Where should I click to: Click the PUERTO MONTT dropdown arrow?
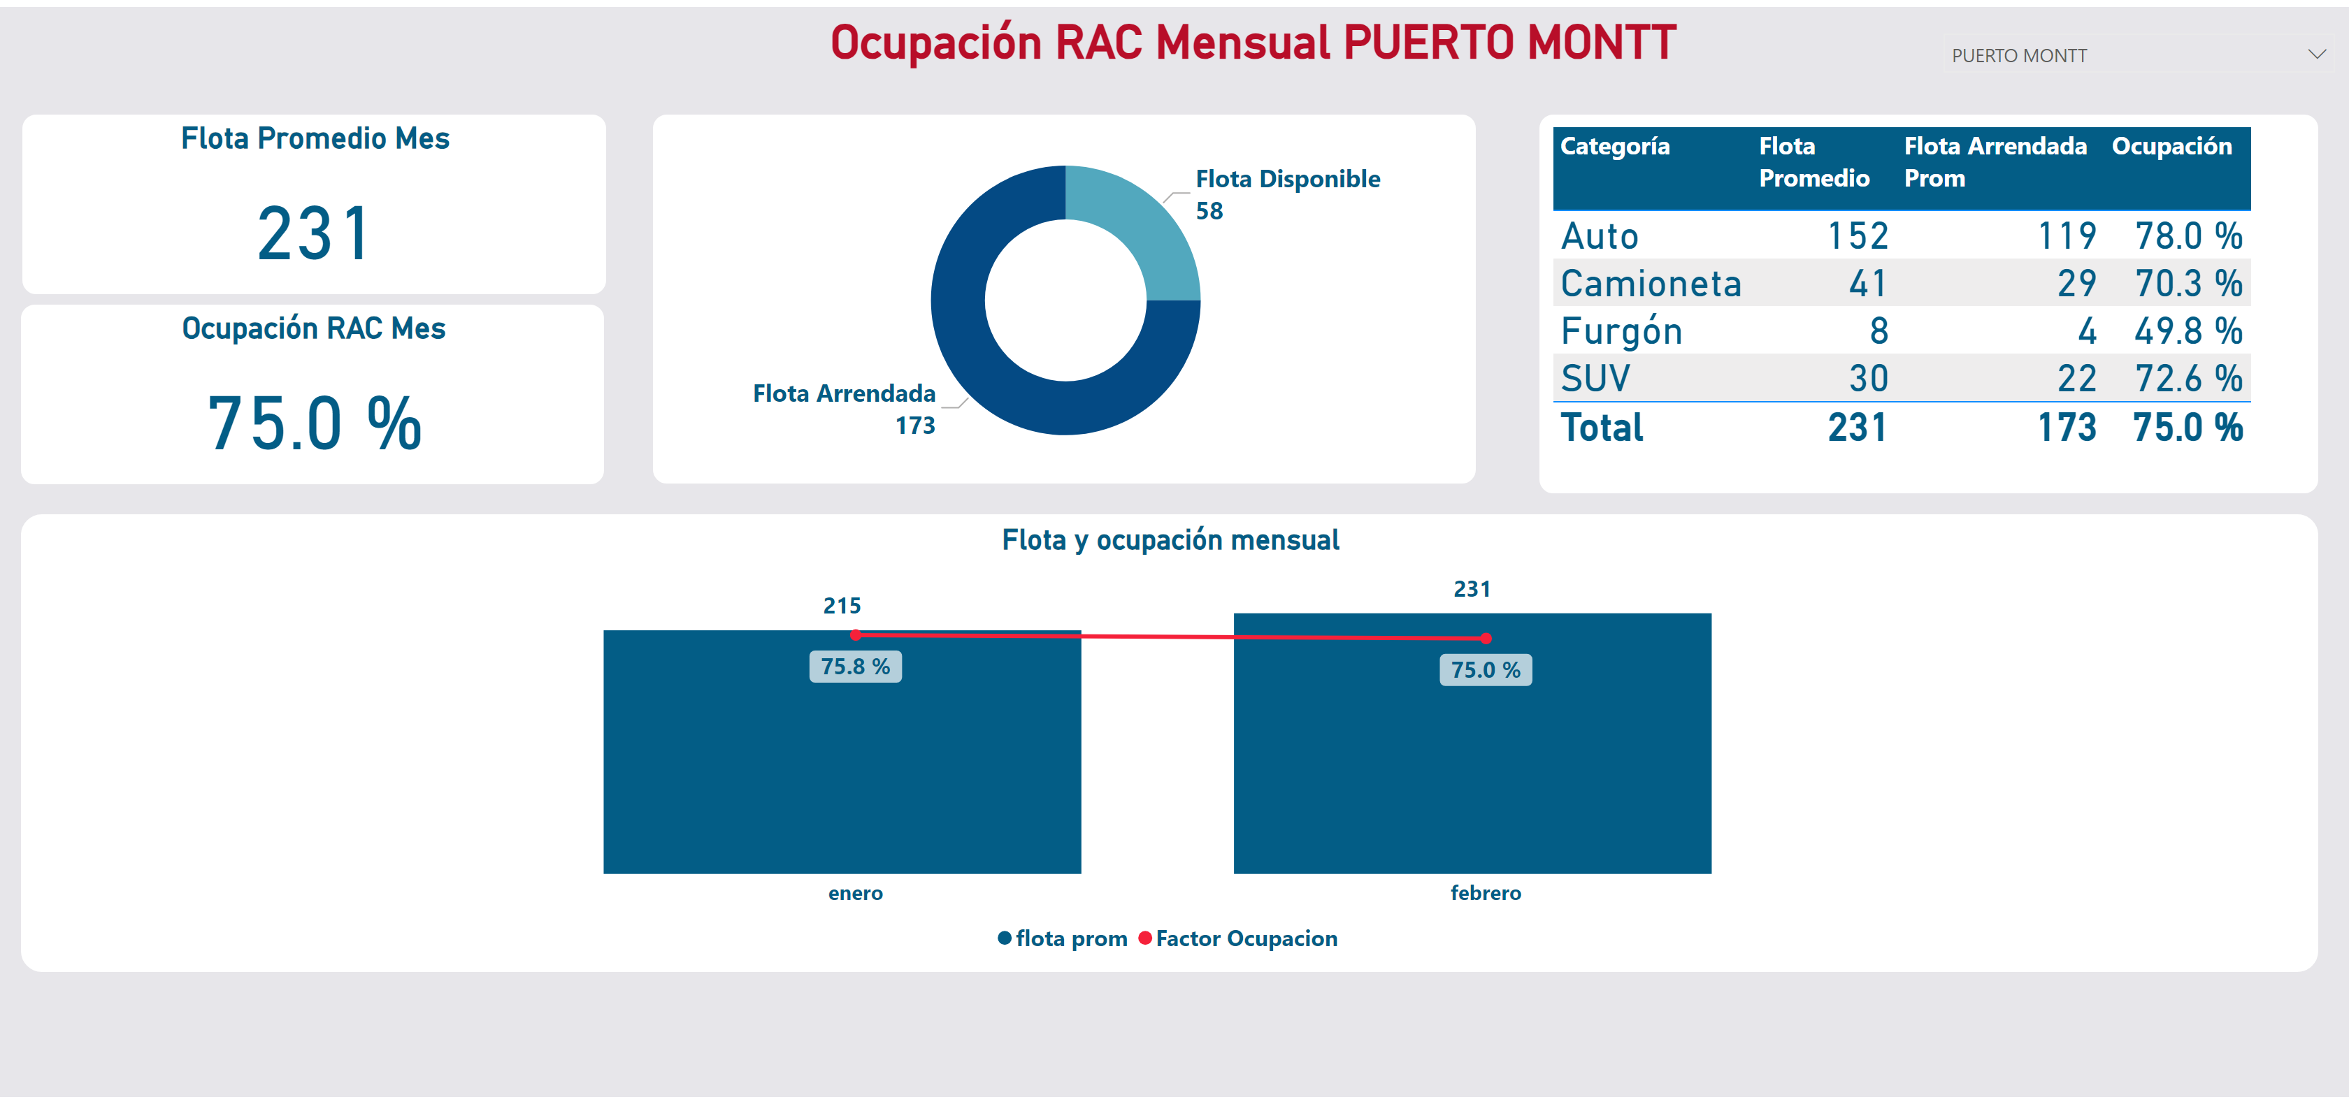(x=2316, y=55)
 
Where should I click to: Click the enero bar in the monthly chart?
(x=842, y=775)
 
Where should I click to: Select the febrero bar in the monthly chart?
(x=1472, y=775)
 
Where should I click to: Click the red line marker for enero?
(x=855, y=634)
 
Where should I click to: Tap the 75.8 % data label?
(x=855, y=667)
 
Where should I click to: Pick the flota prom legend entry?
(x=1070, y=939)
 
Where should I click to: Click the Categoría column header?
(x=1615, y=147)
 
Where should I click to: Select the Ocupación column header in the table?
(x=2171, y=147)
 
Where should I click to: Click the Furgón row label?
(x=1621, y=331)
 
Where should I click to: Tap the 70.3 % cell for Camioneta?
(x=2188, y=284)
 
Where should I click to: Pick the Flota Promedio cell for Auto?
(x=1858, y=236)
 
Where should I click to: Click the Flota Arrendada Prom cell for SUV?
(x=2076, y=378)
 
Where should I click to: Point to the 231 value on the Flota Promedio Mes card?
(x=314, y=234)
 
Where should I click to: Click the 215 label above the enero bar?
(x=842, y=605)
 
